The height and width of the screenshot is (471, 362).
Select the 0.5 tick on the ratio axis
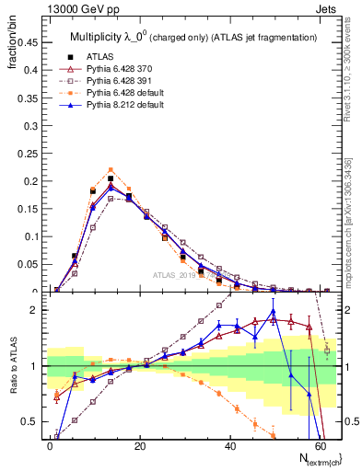(x=30, y=421)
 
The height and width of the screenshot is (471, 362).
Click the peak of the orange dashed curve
(x=111, y=169)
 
